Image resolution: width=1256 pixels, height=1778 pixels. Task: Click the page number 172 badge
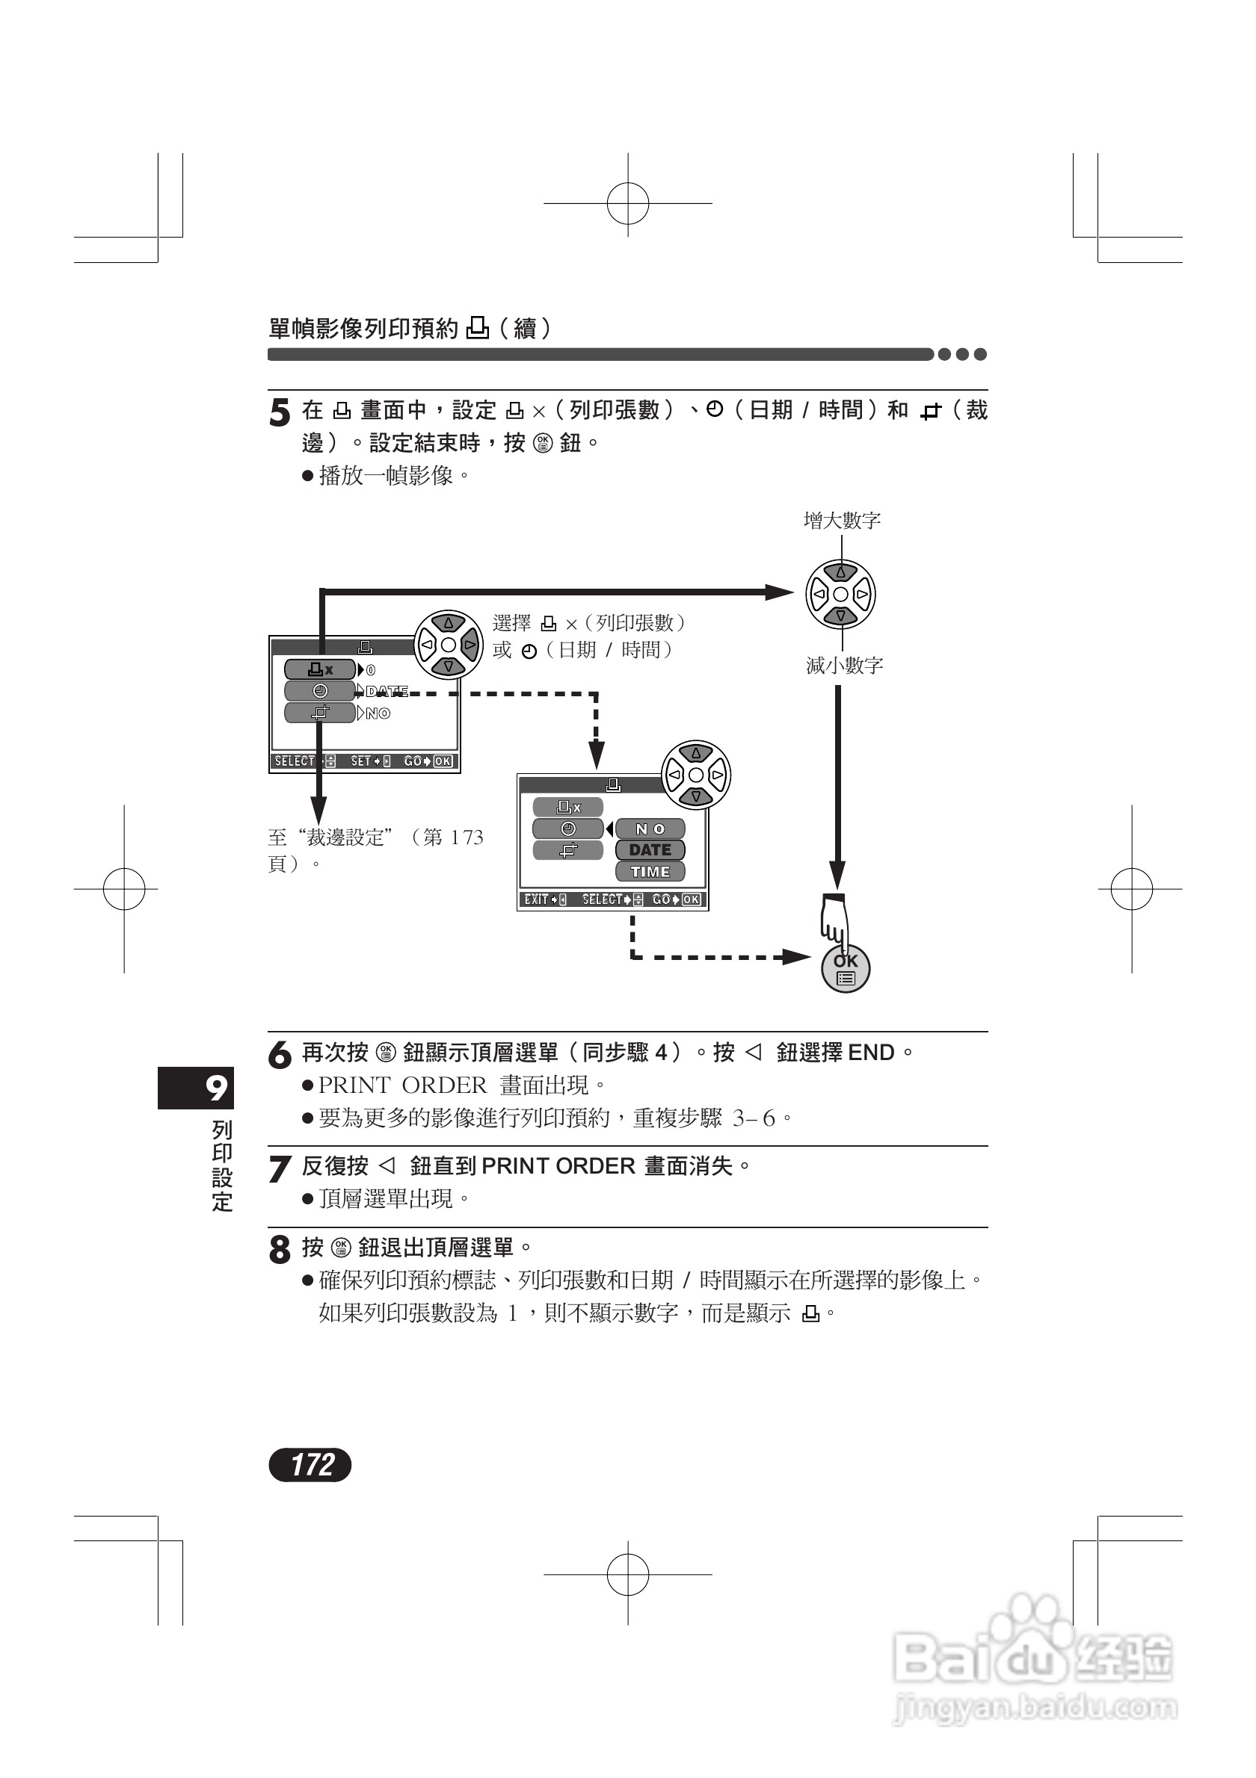pyautogui.click(x=310, y=1464)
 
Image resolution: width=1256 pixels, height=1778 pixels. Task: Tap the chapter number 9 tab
pyautogui.click(x=197, y=1087)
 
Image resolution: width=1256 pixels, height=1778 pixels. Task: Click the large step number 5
pyautogui.click(x=279, y=412)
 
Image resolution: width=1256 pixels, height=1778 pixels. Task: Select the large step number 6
pyautogui.click(x=279, y=1056)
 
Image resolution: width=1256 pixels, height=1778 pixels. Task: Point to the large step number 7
pyautogui.click(x=279, y=1168)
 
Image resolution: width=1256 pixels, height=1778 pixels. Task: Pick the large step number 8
pyautogui.click(x=279, y=1249)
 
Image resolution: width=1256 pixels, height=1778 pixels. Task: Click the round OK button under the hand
pyautogui.click(x=846, y=970)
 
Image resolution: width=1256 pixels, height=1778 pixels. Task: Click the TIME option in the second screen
pyautogui.click(x=650, y=872)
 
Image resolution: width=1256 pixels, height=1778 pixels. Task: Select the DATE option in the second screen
pyautogui.click(x=650, y=850)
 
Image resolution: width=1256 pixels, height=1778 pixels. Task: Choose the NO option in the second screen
pyautogui.click(x=650, y=828)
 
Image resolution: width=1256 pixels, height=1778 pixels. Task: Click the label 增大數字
pyautogui.click(x=843, y=521)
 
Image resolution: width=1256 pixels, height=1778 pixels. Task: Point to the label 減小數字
pyautogui.click(x=845, y=665)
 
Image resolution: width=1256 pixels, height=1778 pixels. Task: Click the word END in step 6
pyautogui.click(x=871, y=1053)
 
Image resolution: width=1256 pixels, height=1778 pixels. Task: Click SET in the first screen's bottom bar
pyautogui.click(x=361, y=761)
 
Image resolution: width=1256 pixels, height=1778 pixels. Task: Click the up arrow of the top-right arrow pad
pyautogui.click(x=840, y=572)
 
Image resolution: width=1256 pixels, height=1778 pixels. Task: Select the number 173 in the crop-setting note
pyautogui.click(x=467, y=837)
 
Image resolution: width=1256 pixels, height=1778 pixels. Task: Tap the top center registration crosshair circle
pyautogui.click(x=627, y=204)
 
